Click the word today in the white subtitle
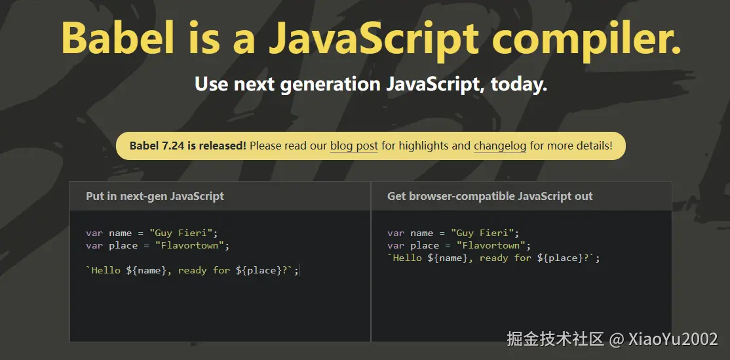518,85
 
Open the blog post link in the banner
354,146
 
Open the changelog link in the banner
500,146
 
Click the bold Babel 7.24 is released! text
188,146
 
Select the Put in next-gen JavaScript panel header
155,196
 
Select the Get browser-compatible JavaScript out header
490,196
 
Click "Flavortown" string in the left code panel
189,245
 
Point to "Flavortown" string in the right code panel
491,245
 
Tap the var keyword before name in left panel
94,233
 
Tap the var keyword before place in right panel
396,245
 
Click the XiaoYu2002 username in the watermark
673,339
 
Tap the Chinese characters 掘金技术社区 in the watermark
556,339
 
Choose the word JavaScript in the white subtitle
430,85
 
